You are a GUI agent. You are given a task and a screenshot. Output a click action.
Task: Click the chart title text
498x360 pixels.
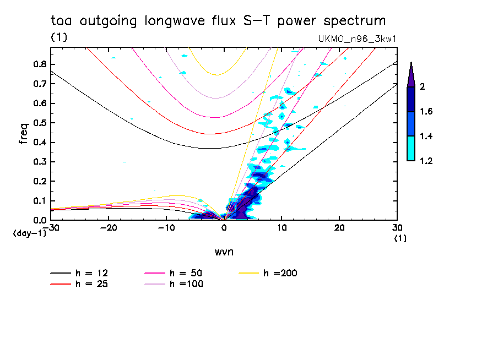point(218,21)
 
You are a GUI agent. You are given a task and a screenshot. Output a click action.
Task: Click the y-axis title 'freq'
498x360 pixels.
point(23,134)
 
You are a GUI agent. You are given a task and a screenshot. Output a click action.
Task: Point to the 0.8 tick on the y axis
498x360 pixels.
point(39,64)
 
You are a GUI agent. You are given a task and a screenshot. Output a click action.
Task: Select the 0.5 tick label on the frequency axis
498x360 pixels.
point(39,123)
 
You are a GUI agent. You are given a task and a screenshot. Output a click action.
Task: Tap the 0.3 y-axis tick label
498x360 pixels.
point(39,162)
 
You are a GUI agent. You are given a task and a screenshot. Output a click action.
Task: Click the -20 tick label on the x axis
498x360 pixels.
point(109,228)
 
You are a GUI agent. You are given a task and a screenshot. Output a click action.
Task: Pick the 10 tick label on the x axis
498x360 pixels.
point(282,228)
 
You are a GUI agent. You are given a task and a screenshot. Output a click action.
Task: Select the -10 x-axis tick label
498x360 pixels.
point(166,228)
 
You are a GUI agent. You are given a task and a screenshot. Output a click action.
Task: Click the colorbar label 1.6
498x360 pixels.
point(426,112)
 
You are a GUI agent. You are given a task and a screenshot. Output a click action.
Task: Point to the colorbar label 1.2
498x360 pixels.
point(426,161)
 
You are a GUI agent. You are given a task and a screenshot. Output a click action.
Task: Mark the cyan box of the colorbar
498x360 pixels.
point(410,149)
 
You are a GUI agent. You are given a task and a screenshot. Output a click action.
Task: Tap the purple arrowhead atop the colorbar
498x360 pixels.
point(410,74)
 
